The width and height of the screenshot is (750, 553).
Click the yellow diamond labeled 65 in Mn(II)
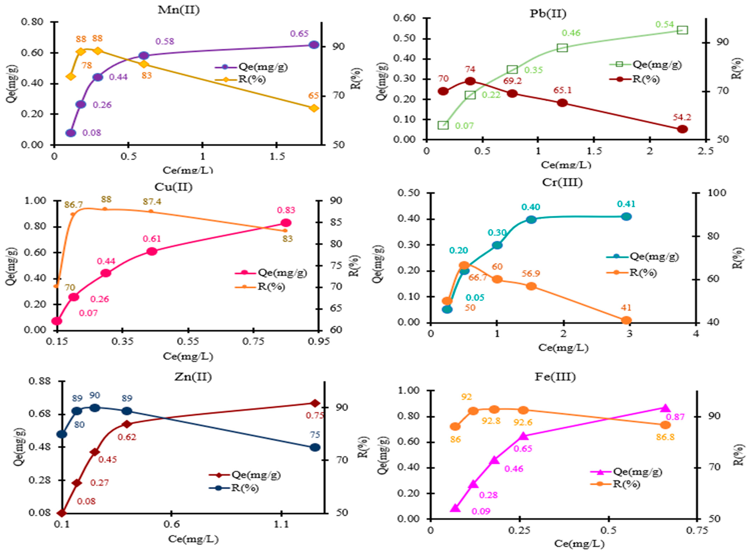[314, 108]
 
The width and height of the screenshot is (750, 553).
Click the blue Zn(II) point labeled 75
[315, 447]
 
